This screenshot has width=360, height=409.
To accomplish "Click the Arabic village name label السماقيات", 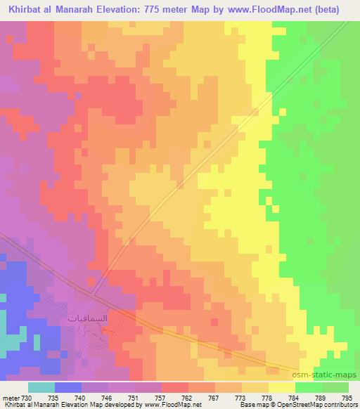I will point(88,318).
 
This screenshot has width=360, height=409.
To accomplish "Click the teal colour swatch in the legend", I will point(41,388).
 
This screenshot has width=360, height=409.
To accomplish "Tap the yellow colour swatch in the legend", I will point(281,388).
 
